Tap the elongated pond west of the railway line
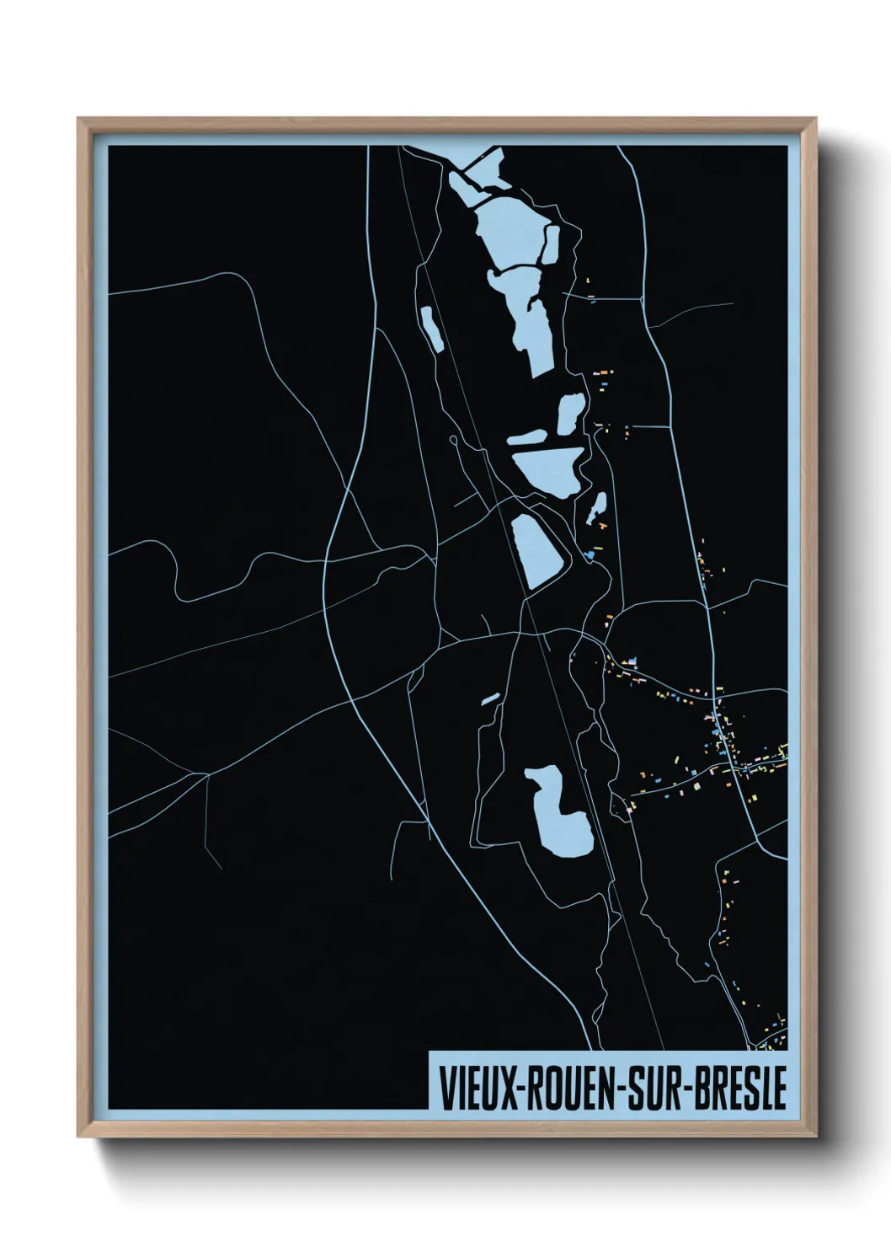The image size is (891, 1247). tap(432, 329)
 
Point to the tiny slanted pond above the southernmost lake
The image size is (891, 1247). tap(490, 698)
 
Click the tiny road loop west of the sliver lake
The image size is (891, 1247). tap(453, 440)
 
